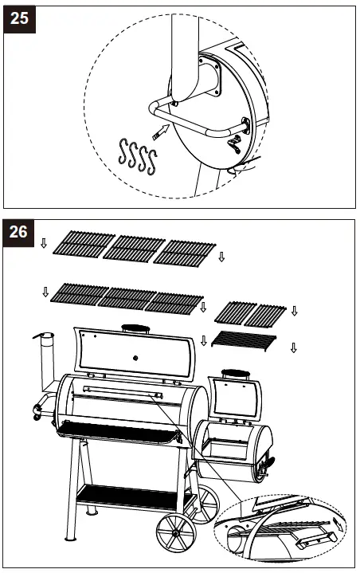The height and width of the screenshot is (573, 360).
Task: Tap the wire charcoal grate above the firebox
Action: coord(245,341)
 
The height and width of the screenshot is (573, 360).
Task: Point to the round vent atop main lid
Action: coord(135,328)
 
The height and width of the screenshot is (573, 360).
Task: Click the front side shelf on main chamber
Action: coord(119,434)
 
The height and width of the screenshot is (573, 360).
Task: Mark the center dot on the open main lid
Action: coord(133,355)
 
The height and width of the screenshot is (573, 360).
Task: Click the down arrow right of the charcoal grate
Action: coord(294,347)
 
